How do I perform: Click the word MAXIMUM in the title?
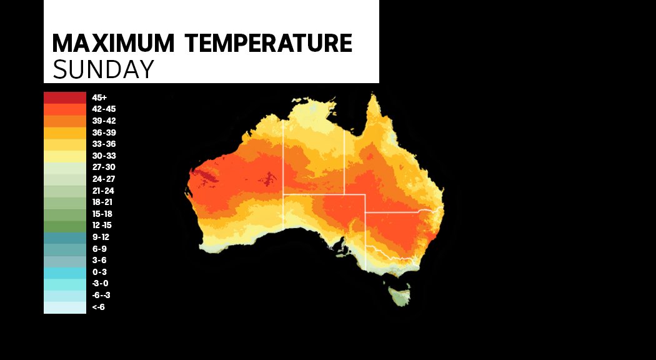pyautogui.click(x=114, y=44)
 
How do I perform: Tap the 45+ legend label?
pyautogui.click(x=99, y=97)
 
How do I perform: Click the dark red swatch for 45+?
pyautogui.click(x=64, y=97)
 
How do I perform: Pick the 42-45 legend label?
pyautogui.click(x=104, y=109)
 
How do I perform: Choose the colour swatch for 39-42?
pyautogui.click(x=64, y=121)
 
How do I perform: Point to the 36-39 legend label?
pyautogui.click(x=104, y=132)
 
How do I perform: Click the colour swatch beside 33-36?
pyautogui.click(x=64, y=144)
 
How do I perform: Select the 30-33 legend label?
pyautogui.click(x=104, y=156)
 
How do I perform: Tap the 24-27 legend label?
pyautogui.click(x=104, y=179)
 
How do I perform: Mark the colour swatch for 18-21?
pyautogui.click(x=64, y=202)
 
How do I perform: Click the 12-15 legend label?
pyautogui.click(x=102, y=225)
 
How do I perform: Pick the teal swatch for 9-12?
pyautogui.click(x=64, y=237)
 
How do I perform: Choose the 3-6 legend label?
pyautogui.click(x=99, y=260)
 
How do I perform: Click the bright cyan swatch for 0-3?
pyautogui.click(x=64, y=272)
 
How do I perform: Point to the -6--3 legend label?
pyautogui.click(x=101, y=295)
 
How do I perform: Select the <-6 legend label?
pyautogui.click(x=98, y=307)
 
